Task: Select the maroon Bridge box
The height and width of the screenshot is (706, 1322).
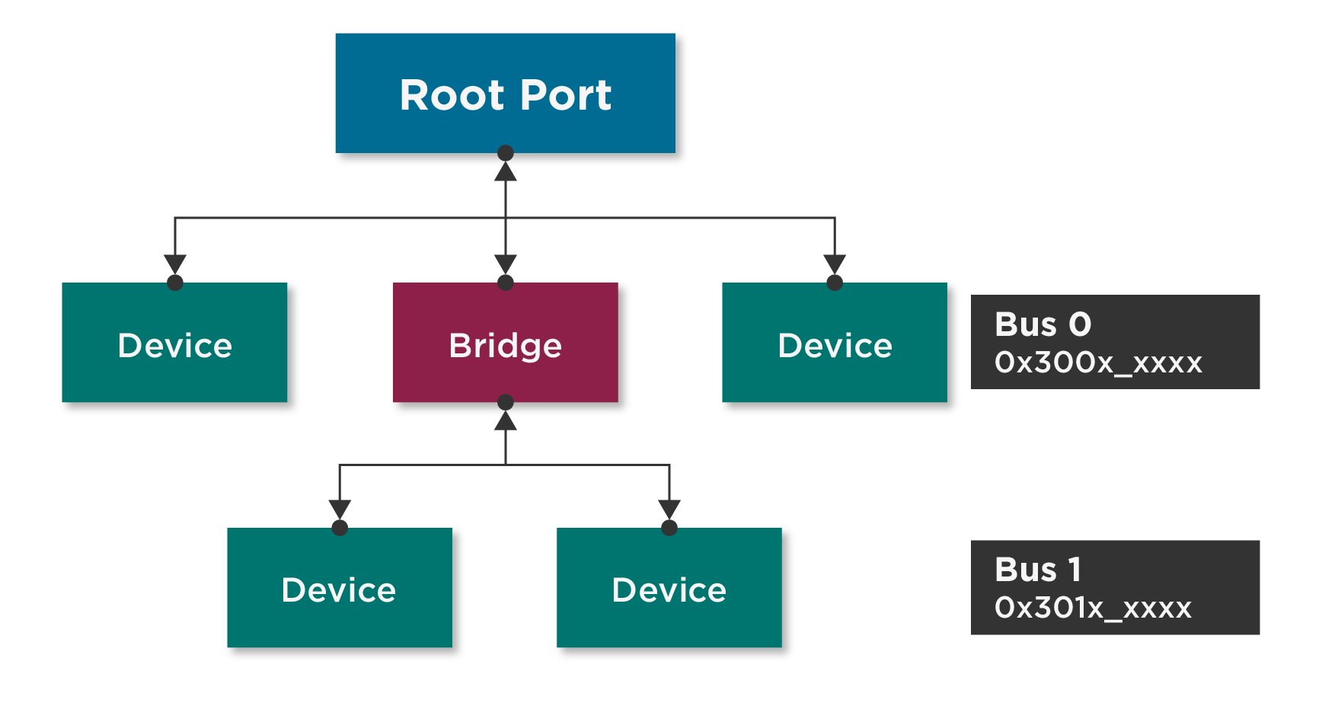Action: [x=505, y=345]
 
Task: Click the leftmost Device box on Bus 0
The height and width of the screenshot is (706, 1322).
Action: [x=175, y=345]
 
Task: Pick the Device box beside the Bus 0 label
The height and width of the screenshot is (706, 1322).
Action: [x=835, y=345]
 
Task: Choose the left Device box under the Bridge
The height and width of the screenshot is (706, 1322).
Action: [x=339, y=589]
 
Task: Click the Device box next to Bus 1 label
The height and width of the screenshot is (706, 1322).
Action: [x=669, y=589]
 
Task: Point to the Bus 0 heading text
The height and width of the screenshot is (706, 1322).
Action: [x=1043, y=324]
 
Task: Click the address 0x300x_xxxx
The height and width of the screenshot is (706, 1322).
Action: [x=1097, y=363]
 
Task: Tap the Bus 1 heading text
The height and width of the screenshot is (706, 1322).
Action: [x=1037, y=570]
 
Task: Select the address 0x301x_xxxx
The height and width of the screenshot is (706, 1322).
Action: [x=1092, y=608]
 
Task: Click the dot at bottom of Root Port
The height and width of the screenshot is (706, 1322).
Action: [x=505, y=153]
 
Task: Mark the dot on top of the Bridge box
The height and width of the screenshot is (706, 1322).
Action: [x=505, y=283]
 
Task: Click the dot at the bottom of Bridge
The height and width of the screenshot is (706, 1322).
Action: [x=505, y=402]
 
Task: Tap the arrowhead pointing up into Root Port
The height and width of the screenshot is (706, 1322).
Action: [x=505, y=172]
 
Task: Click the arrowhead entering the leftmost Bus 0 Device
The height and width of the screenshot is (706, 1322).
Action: [x=175, y=264]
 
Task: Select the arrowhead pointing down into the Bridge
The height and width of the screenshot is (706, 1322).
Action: [x=505, y=264]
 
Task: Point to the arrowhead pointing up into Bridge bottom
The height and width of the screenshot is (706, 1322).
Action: [x=505, y=421]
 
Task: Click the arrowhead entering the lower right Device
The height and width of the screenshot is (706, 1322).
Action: [x=669, y=509]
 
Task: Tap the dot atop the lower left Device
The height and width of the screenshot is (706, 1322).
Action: [x=340, y=528]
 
